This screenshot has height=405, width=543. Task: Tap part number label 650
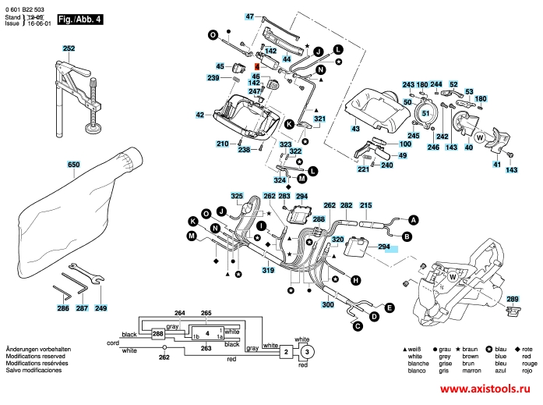[74, 165]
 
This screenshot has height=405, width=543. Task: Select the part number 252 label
[69, 48]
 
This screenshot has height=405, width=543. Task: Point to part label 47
[250, 16]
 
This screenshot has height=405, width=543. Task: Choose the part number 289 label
[512, 299]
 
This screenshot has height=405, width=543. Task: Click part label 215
[365, 204]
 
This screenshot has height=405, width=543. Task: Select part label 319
[267, 270]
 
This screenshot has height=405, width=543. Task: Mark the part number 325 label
[237, 196]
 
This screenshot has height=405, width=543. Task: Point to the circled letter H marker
[355, 279]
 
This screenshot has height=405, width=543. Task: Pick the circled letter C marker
[358, 325]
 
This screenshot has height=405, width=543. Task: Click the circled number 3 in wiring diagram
[307, 352]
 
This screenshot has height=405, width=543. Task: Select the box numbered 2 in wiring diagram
[286, 353]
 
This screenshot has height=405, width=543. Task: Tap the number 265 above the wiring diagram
[206, 313]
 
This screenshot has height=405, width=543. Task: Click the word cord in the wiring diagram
[113, 343]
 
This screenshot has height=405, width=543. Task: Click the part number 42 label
[200, 115]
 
